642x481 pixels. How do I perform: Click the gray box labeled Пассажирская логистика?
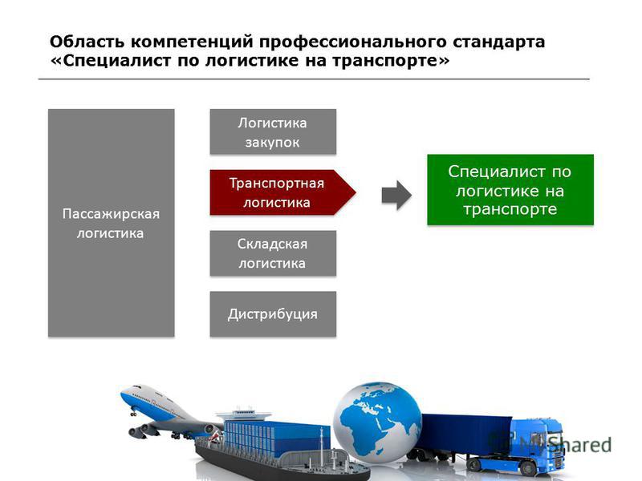pyautogui.click(x=112, y=223)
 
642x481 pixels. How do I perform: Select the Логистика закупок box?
pyautogui.click(x=273, y=131)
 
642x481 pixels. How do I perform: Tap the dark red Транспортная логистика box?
pyautogui.click(x=282, y=192)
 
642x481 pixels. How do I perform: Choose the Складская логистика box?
pyautogui.click(x=273, y=253)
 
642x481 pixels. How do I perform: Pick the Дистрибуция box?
pyautogui.click(x=273, y=314)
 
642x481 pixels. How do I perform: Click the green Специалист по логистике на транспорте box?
pyautogui.click(x=510, y=190)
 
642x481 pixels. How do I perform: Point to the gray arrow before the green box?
pyautogui.click(x=396, y=195)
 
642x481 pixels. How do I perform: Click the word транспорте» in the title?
pyautogui.click(x=391, y=61)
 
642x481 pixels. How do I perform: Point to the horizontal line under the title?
pyautogui.click(x=314, y=79)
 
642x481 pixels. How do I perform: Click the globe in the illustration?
pyautogui.click(x=377, y=423)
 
